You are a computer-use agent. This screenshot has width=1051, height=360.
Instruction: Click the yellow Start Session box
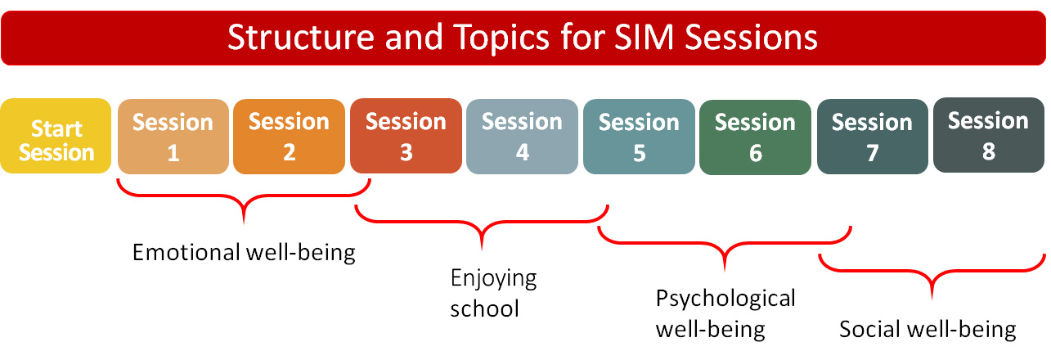(56, 136)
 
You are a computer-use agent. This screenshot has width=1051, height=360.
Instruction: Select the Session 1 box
(173, 137)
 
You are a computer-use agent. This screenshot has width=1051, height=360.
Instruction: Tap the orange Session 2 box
(289, 137)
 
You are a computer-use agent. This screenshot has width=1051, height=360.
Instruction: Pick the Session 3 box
(406, 136)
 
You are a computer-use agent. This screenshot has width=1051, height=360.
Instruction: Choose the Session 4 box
(522, 137)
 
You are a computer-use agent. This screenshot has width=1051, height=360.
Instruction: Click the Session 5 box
(639, 137)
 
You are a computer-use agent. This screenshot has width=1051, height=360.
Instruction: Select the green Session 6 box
(756, 137)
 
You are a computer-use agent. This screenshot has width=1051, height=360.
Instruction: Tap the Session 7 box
(872, 137)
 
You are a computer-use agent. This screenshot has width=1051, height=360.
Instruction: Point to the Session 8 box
(989, 135)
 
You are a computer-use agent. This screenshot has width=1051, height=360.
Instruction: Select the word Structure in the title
(301, 38)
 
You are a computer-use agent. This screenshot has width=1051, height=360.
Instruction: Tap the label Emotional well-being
(244, 253)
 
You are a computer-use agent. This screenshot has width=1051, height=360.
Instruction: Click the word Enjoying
(493, 279)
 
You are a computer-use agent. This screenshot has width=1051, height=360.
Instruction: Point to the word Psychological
(725, 299)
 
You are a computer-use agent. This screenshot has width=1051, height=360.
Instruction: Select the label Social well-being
(927, 329)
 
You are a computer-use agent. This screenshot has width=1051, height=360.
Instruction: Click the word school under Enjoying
(484, 308)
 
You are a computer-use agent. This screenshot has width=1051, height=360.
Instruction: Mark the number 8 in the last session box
(989, 151)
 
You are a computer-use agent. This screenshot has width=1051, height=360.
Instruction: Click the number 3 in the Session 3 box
(406, 152)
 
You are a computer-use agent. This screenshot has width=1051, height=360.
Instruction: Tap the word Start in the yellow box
(56, 128)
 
